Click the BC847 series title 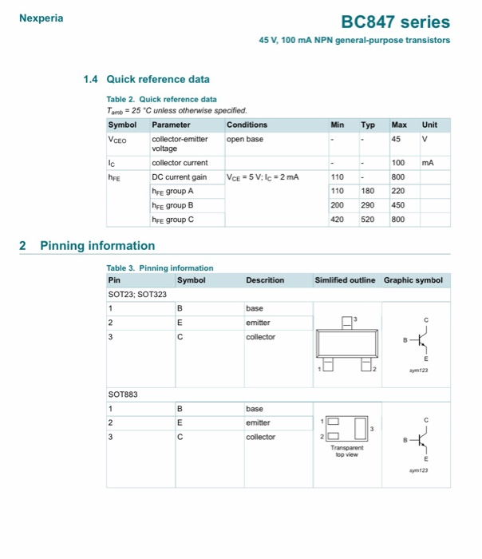396,22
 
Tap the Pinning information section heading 97,245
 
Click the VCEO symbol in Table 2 117,139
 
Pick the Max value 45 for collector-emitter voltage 396,139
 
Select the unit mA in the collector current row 429,163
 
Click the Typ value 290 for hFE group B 368,205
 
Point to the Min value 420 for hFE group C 338,219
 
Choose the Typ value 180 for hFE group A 368,191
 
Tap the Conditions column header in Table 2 247,125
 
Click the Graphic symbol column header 413,280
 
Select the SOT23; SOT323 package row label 136,295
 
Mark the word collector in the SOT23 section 260,337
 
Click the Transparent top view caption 347,452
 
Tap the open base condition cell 245,139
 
